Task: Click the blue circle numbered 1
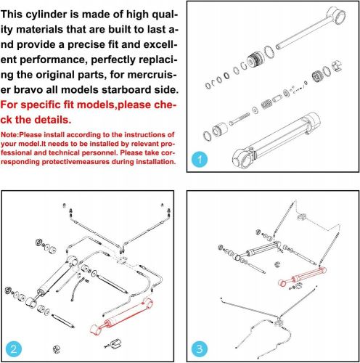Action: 201,158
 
